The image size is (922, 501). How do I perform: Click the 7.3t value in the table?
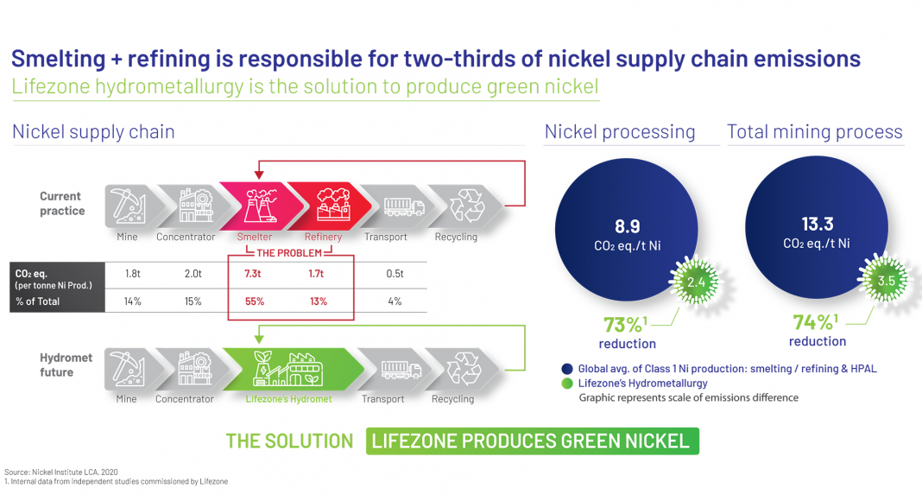253,274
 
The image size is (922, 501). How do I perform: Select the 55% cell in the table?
255,301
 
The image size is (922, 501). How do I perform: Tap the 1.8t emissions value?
133,274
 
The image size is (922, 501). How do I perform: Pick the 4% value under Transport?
395,301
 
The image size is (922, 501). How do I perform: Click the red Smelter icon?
260,206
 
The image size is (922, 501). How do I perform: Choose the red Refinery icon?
333,205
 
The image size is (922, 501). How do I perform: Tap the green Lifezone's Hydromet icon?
287,369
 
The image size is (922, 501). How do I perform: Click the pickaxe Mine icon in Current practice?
128,206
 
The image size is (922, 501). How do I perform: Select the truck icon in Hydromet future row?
401,370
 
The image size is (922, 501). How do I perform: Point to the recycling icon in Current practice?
467,206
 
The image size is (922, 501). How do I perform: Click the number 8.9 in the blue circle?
628,226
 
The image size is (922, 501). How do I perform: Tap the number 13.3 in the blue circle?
818,224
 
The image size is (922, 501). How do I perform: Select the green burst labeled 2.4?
696,282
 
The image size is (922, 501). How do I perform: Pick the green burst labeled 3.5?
886,280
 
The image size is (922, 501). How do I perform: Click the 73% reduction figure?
625,324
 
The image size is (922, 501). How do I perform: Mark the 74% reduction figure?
815,321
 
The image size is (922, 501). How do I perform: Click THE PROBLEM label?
289,253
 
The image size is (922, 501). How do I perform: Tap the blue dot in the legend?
567,369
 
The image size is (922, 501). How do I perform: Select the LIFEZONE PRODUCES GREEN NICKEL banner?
532,441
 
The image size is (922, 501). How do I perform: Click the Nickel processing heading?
620,131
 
